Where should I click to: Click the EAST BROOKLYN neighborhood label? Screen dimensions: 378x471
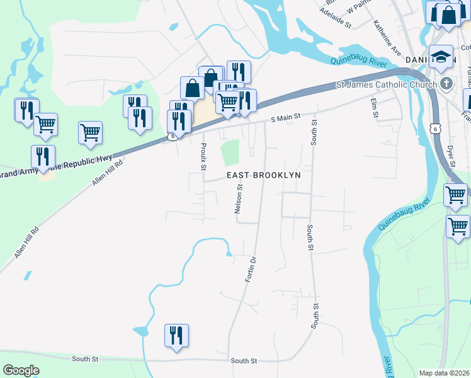pyautogui.click(x=264, y=175)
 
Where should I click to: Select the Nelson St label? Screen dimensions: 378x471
pyautogui.click(x=239, y=199)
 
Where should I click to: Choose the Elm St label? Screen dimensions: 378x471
pyautogui.click(x=374, y=107)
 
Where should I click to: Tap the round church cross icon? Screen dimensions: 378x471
pyautogui.click(x=446, y=84)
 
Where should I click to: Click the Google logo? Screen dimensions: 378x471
pyautogui.click(x=21, y=370)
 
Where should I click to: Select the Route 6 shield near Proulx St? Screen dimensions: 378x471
pyautogui.click(x=171, y=136)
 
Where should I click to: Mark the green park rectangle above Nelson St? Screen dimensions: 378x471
pyautogui.click(x=231, y=152)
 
